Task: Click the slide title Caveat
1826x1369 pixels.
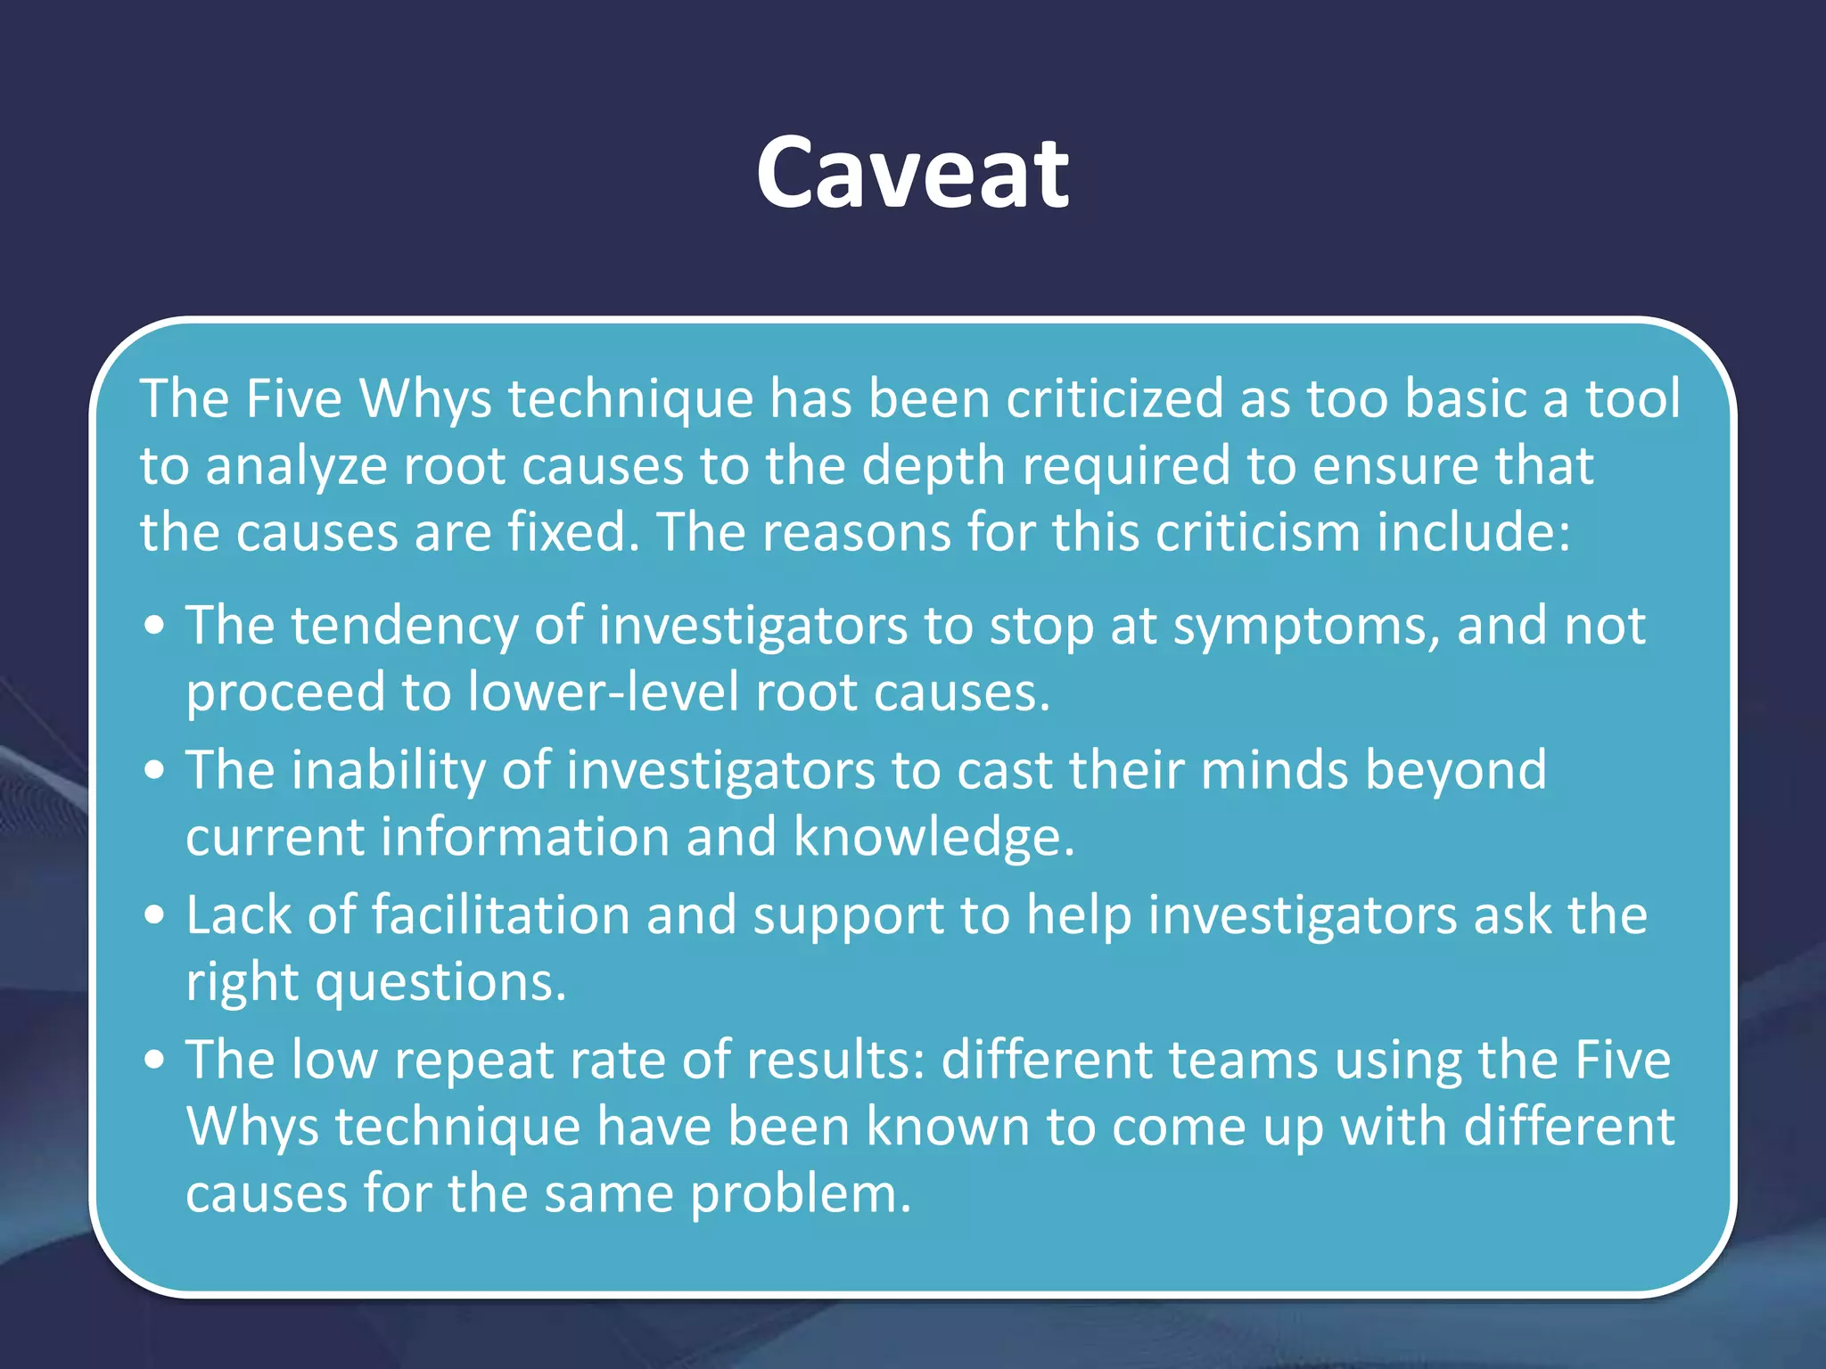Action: coord(912,173)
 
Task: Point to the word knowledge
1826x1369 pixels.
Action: coord(934,838)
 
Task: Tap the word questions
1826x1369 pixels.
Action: coord(440,983)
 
